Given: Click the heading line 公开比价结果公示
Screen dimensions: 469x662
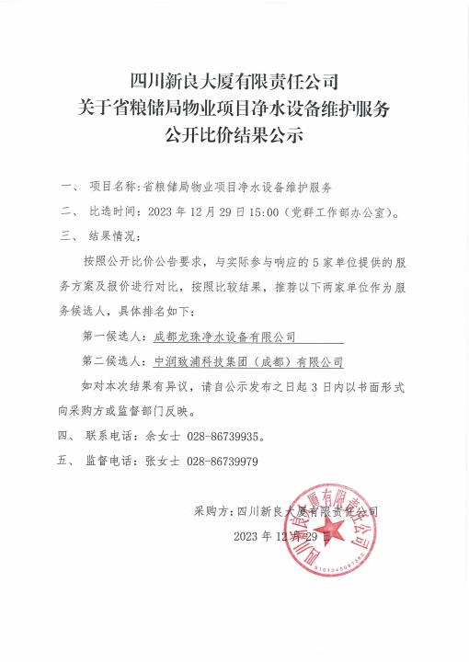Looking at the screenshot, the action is (234, 136).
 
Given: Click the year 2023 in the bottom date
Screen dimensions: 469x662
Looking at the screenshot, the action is (249, 536).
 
